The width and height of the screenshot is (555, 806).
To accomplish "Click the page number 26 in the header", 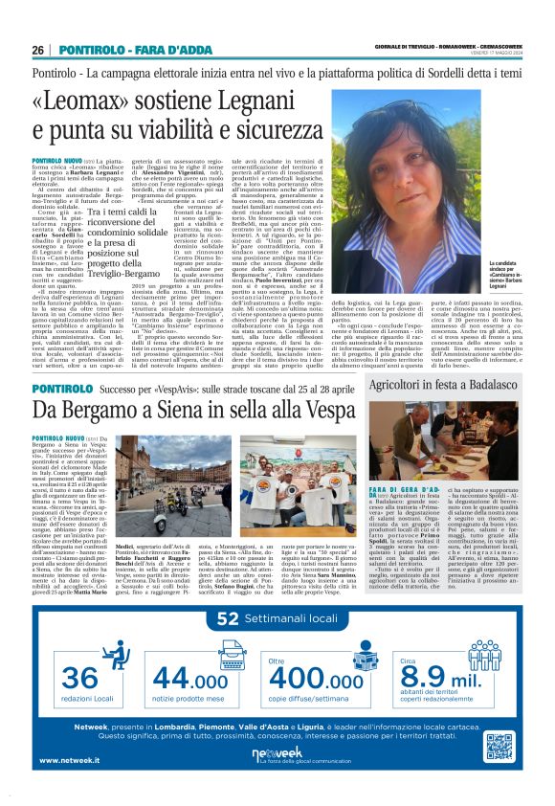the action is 38,50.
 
